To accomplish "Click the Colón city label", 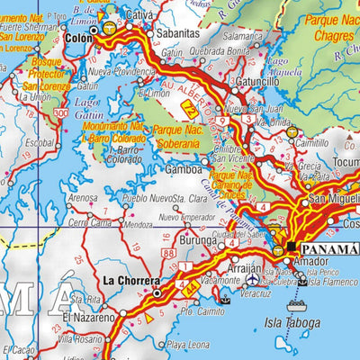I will click(79, 39).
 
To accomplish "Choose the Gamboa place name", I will click(184, 168).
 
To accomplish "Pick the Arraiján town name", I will click(241, 268).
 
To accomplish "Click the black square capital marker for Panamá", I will click(292, 245).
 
